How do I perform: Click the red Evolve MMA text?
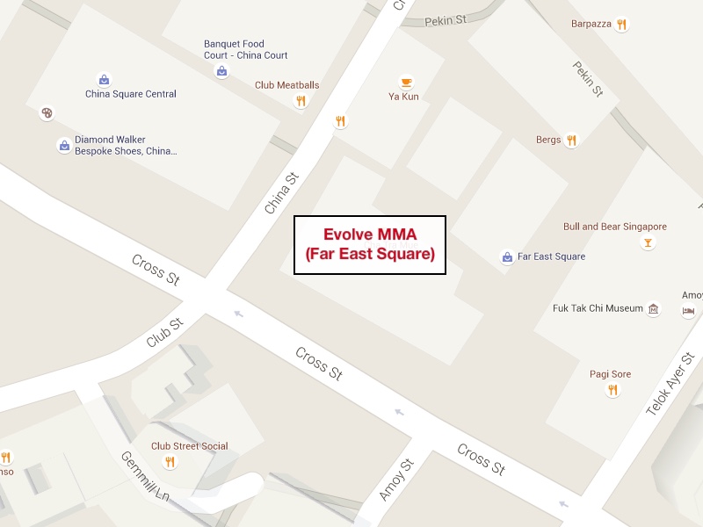point(370,235)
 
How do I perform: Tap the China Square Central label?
point(130,94)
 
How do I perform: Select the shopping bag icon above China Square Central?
point(104,80)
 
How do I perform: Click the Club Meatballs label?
point(286,85)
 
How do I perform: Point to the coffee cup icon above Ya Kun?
point(405,82)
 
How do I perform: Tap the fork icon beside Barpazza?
point(622,25)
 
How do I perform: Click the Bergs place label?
point(547,140)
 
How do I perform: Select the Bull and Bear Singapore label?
point(615,227)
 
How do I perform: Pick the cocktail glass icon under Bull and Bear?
point(648,242)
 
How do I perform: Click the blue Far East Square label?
point(551,256)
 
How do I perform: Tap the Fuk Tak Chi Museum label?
point(598,308)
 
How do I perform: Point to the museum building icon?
point(653,309)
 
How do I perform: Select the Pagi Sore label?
point(610,374)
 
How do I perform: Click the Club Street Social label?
point(189,446)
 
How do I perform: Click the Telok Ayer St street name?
point(670,384)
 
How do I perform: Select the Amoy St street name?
point(395,480)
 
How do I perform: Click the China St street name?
point(282,193)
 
